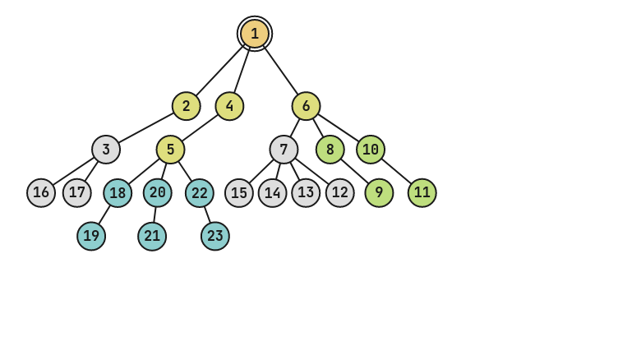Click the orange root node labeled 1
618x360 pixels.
click(255, 34)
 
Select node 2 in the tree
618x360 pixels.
click(187, 106)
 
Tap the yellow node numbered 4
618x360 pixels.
click(229, 106)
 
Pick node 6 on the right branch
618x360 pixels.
click(306, 106)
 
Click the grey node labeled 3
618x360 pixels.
click(106, 150)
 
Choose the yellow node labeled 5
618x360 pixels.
click(170, 150)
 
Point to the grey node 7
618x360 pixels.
click(284, 150)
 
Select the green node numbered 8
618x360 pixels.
click(330, 150)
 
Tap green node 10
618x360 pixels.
click(371, 150)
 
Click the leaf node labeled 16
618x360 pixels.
click(41, 193)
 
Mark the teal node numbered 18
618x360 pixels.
click(118, 193)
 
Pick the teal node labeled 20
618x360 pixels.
click(158, 193)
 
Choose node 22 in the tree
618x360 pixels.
click(200, 193)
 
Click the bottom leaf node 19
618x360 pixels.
click(91, 237)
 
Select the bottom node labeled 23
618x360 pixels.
click(215, 237)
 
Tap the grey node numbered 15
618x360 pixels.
click(239, 193)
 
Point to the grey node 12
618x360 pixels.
click(340, 193)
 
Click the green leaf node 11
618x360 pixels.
click(422, 193)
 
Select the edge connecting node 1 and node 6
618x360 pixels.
click(281, 71)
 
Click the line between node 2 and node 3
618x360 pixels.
click(146, 127)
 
